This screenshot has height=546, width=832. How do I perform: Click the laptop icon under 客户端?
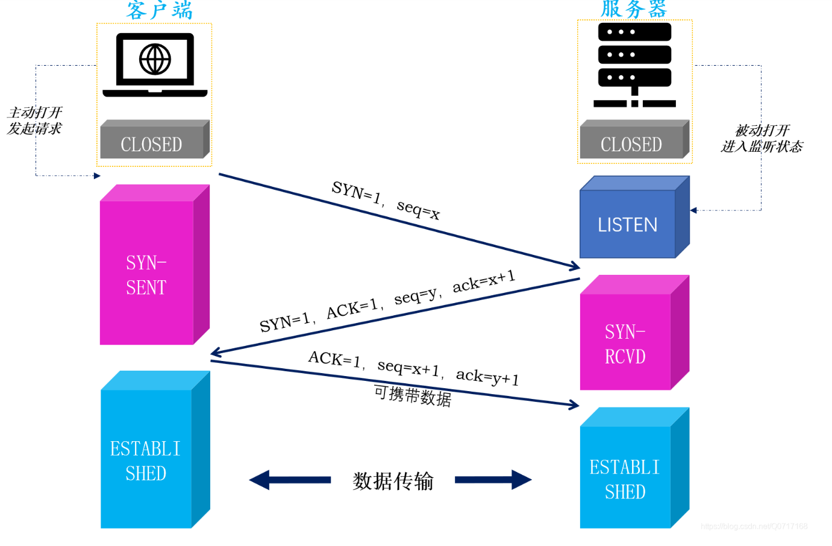(155, 64)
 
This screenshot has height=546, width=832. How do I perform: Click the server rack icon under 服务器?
(634, 64)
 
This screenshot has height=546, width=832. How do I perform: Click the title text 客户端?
(159, 11)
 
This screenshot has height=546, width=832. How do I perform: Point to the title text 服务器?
(634, 10)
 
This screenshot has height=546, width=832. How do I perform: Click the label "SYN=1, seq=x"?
(386, 200)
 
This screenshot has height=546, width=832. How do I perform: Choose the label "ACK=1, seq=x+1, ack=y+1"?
(413, 368)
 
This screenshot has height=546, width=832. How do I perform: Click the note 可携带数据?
(413, 396)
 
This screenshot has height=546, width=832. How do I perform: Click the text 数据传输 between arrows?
(393, 481)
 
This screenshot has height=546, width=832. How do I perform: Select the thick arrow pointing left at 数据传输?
(290, 480)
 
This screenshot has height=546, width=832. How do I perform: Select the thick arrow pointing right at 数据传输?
(493, 480)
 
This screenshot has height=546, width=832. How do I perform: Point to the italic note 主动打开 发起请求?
(35, 121)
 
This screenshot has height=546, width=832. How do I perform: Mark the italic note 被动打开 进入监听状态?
(762, 139)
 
